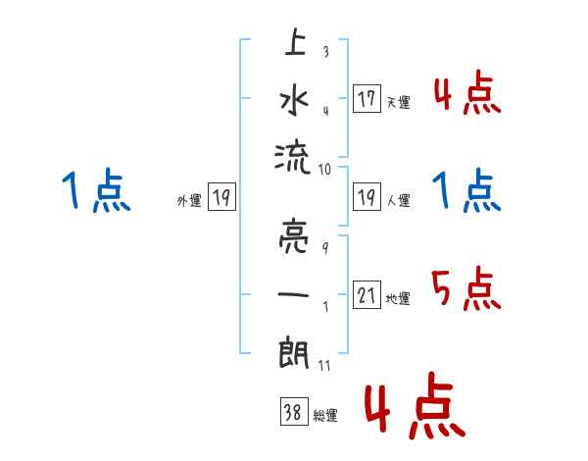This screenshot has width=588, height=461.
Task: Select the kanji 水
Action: pos(295,100)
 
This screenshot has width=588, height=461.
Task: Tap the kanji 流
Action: pos(295,153)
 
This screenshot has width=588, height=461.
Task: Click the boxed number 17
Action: pos(367,99)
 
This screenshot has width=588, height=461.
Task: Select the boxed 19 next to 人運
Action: pos(367,198)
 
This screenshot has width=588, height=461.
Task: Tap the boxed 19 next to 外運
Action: pos(221,198)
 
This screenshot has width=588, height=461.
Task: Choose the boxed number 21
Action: pos(367,295)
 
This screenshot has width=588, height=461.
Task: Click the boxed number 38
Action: pos(291,413)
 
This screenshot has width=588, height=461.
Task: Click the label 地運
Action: pos(398,298)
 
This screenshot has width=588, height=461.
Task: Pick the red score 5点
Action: pos(466,287)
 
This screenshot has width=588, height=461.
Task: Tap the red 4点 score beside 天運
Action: pos(466,93)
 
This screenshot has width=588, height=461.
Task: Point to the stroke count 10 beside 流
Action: pos(324,170)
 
